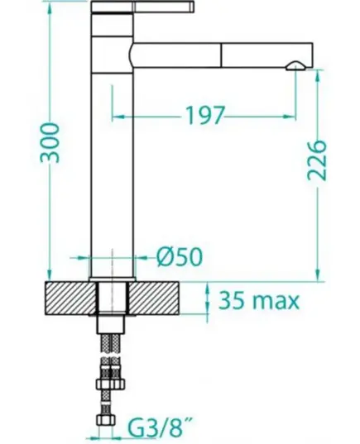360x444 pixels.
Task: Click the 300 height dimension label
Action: [x=50, y=143]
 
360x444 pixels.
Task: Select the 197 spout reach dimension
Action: [x=204, y=115]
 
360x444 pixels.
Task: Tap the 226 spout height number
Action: [x=317, y=160]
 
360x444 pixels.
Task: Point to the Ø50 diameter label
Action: [x=180, y=257]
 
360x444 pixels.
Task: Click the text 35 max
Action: [x=259, y=300]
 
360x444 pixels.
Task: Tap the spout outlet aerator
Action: [x=295, y=65]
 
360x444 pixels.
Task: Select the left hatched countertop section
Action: [x=70, y=298]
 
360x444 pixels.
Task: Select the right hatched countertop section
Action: [x=155, y=298]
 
